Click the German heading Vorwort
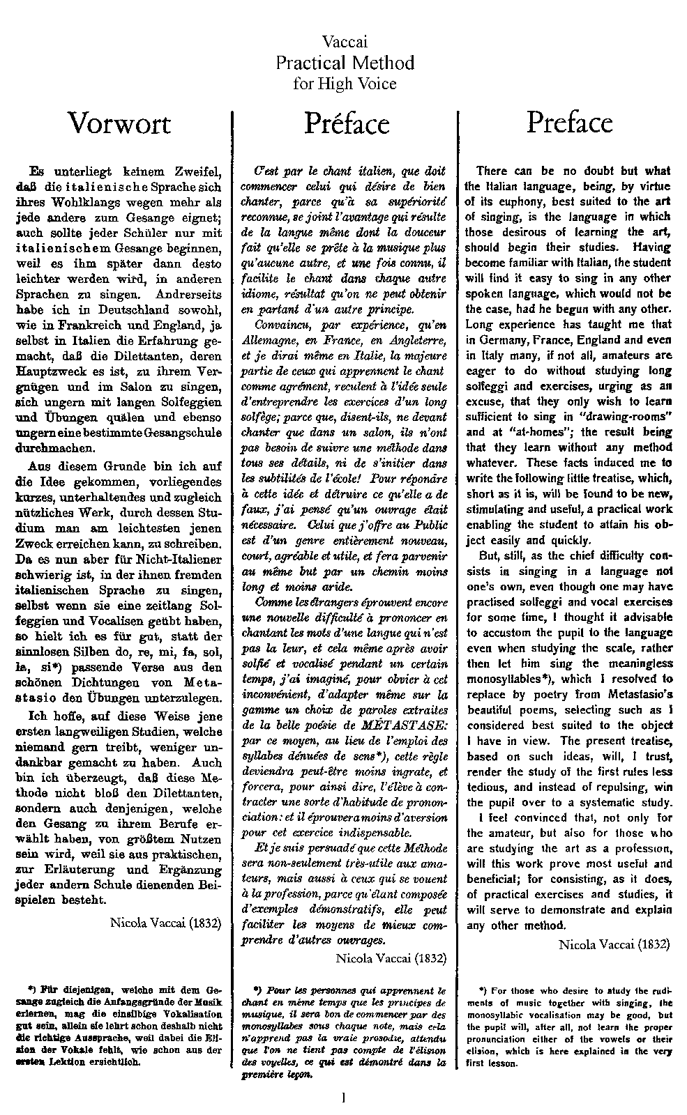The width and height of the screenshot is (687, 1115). coord(119,123)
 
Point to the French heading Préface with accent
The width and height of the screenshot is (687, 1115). coord(347,123)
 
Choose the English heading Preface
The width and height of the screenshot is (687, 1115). coord(569,122)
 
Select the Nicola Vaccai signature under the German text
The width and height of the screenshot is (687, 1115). coord(165,923)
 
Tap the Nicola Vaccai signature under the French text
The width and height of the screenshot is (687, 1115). coord(391,958)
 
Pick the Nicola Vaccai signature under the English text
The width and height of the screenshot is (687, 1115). coord(614,944)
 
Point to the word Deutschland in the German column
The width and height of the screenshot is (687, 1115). coord(126,309)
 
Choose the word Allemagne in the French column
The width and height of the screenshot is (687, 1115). coord(267,339)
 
